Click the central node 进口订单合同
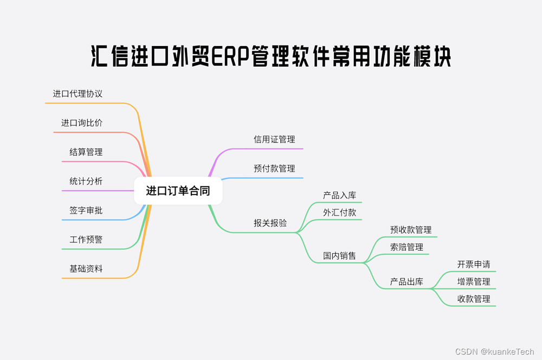pyautogui.click(x=178, y=191)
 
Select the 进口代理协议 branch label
pyautogui.click(x=78, y=94)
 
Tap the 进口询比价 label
pyautogui.click(x=82, y=123)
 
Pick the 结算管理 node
pyautogui.click(x=86, y=152)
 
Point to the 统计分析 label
pyautogui.click(x=86, y=182)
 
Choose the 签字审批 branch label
pyautogui.click(x=86, y=210)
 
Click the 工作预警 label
pyautogui.click(x=86, y=240)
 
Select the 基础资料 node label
pyautogui.click(x=86, y=269)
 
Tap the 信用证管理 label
pyautogui.click(x=274, y=140)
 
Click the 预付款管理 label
pyautogui.click(x=274, y=169)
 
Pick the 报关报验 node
pyautogui.click(x=270, y=223)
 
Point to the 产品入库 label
pyautogui.click(x=339, y=196)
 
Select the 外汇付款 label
pyautogui.click(x=339, y=213)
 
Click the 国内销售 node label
pyautogui.click(x=339, y=256)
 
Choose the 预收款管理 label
pyautogui.click(x=411, y=230)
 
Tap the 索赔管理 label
pyautogui.click(x=406, y=247)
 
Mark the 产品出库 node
pyautogui.click(x=406, y=282)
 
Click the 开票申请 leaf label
pyautogui.click(x=474, y=265)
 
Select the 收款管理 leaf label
pyautogui.click(x=474, y=299)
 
